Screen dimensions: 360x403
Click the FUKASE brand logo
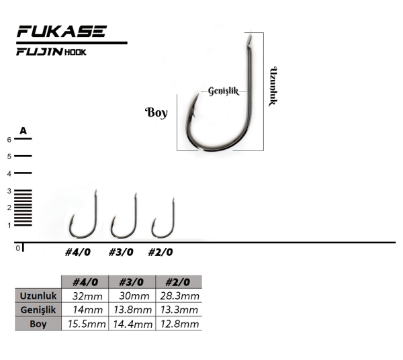point(61,32)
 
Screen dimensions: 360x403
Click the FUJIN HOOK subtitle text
point(52,52)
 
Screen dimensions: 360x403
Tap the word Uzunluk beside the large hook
point(273,87)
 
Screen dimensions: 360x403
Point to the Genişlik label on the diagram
point(224,91)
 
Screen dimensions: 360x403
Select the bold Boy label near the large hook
point(156,112)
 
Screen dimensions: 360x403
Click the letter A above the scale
point(23,130)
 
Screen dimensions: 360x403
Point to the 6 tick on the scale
point(9,140)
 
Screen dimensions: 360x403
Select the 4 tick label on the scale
point(9,173)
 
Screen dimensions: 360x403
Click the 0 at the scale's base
point(18,248)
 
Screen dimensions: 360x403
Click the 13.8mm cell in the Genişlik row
point(132,310)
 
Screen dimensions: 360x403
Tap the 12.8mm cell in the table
point(179,324)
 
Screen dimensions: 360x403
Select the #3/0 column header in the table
point(132,282)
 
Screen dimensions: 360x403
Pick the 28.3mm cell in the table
point(179,296)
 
